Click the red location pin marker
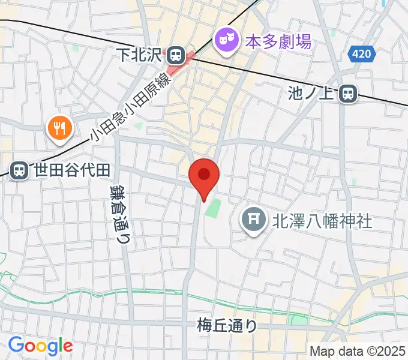point(204,176)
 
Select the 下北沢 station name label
point(140,56)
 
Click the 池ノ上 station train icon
point(347,93)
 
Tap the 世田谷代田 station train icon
point(20,170)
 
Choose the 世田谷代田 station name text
point(71,170)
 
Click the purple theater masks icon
point(226,41)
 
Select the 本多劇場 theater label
point(279,41)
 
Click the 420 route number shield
point(362,55)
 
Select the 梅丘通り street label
point(227,326)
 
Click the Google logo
point(40,346)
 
